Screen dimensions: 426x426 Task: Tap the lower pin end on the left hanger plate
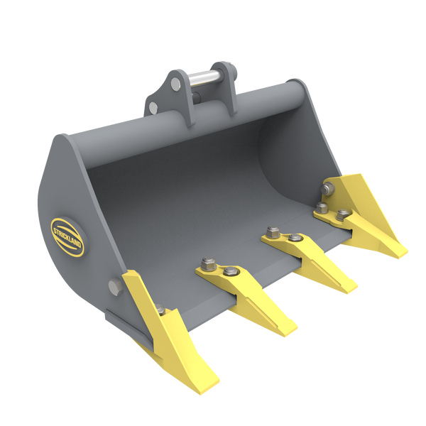(153, 106)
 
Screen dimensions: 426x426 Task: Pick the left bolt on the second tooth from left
(207, 264)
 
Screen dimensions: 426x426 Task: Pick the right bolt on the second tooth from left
(228, 271)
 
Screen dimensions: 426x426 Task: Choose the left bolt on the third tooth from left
(271, 231)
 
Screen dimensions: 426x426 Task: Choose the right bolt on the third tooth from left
(293, 237)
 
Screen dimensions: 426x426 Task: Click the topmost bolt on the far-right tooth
(329, 189)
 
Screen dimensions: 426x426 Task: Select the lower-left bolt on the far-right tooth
(322, 207)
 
